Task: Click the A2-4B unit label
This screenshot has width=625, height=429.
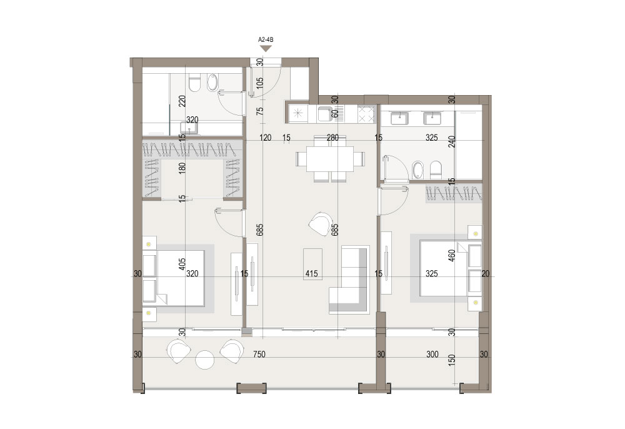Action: click(266, 39)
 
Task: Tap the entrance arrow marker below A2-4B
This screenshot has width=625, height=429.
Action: click(266, 48)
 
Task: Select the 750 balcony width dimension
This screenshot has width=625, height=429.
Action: click(259, 354)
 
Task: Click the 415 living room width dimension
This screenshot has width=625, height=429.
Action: click(311, 273)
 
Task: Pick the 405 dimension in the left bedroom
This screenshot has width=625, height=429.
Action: click(182, 265)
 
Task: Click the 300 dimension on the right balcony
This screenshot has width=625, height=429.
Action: click(432, 354)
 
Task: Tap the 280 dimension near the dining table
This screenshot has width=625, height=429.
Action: click(332, 138)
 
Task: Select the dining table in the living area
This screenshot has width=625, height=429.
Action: click(330, 159)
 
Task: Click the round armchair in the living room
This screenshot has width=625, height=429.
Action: click(321, 223)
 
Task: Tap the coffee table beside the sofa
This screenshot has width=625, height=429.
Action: click(313, 264)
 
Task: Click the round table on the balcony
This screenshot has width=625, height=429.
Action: click(206, 360)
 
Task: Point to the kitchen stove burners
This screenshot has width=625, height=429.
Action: click(367, 114)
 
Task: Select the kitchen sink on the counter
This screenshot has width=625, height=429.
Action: click(325, 114)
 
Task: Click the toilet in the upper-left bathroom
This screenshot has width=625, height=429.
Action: click(195, 83)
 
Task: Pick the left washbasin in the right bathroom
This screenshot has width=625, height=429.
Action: click(399, 118)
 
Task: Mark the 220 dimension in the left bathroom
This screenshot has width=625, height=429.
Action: click(182, 103)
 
